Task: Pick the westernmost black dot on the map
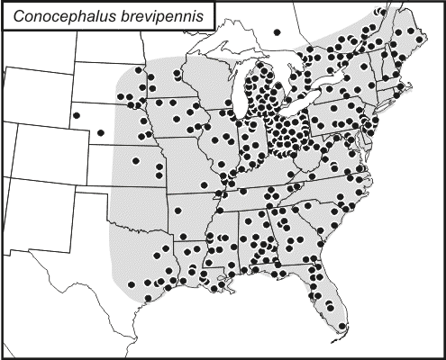(x=75, y=114)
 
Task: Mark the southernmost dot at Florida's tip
(x=343, y=326)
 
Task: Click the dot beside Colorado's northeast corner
(x=101, y=132)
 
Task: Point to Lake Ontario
(x=347, y=88)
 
